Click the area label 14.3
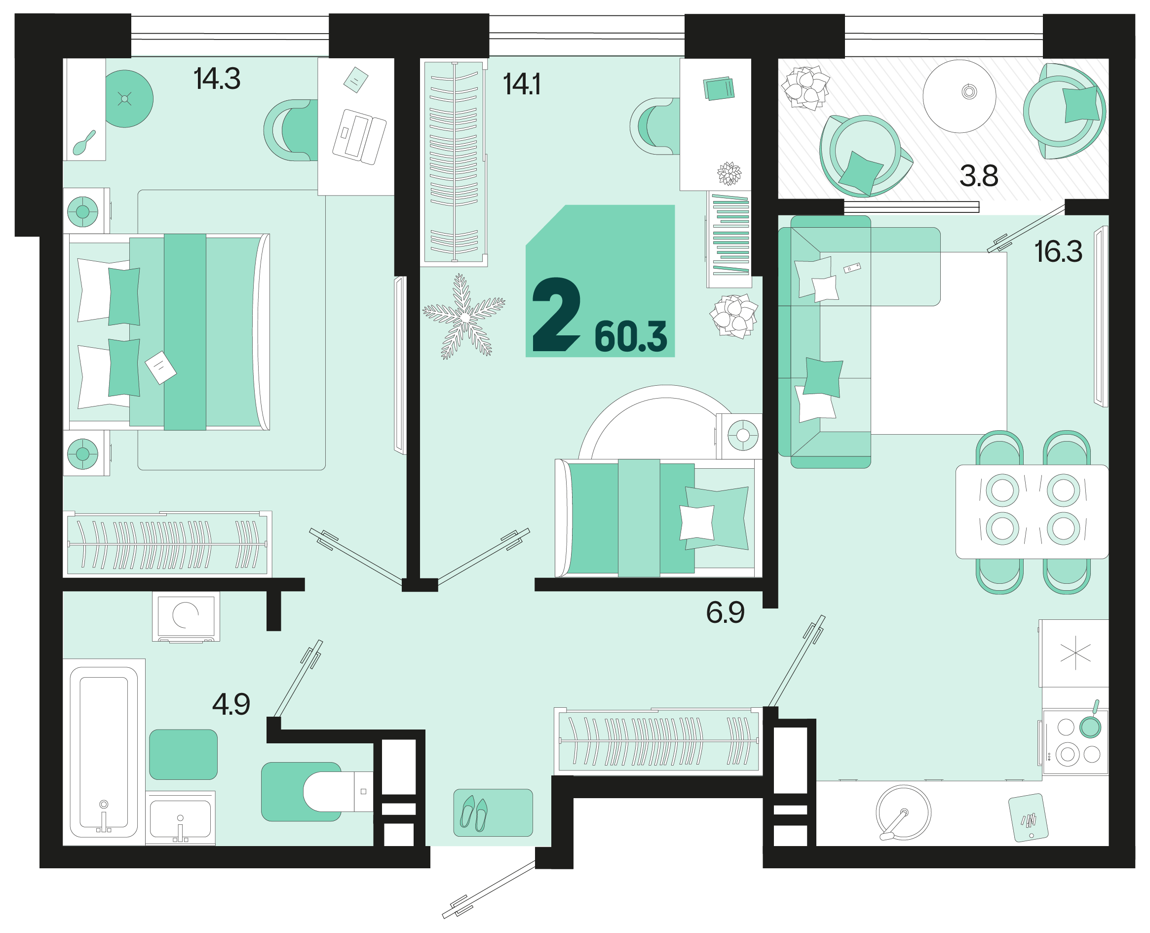coord(217,79)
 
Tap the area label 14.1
coord(522,84)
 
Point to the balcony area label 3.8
coord(979,176)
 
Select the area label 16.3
coord(1058,251)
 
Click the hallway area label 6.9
coord(725,612)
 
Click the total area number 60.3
coord(631,337)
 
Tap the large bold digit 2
coord(556,315)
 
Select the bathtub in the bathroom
coord(104,752)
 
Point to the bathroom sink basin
coord(181,818)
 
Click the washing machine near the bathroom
coord(186,616)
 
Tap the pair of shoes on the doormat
coord(474,813)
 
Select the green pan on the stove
coord(1091,725)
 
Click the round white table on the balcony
coord(959,96)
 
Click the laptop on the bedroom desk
coord(359,136)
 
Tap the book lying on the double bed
coord(160,367)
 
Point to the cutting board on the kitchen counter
coord(1028,817)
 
